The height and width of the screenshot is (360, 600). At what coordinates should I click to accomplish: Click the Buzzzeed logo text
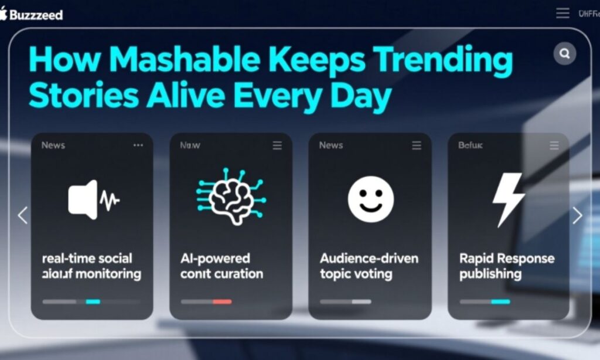pyautogui.click(x=36, y=15)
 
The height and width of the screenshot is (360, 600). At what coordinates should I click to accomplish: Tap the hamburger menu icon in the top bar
pyautogui.click(x=562, y=13)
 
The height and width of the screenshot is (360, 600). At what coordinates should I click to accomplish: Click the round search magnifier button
pyautogui.click(x=565, y=54)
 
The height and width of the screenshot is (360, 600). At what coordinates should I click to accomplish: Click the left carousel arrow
pyautogui.click(x=23, y=215)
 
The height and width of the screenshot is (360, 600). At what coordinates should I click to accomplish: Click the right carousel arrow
pyautogui.click(x=577, y=215)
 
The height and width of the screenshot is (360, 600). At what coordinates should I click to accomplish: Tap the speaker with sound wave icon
pyautogui.click(x=93, y=200)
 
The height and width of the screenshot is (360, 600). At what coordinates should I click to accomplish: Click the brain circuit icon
pyautogui.click(x=230, y=196)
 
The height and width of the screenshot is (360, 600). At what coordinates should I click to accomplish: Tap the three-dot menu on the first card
pyautogui.click(x=138, y=145)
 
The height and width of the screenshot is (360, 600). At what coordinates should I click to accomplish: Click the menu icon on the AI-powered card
pyautogui.click(x=277, y=145)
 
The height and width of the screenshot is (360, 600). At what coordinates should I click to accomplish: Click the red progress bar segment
pyautogui.click(x=222, y=301)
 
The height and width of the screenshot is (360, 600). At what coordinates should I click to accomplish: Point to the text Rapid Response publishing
pyautogui.click(x=506, y=266)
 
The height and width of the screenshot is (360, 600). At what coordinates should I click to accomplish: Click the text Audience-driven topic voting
pyautogui.click(x=369, y=266)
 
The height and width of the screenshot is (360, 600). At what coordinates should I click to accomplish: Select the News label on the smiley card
pyautogui.click(x=331, y=145)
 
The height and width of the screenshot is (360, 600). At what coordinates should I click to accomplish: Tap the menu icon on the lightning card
pyautogui.click(x=554, y=145)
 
